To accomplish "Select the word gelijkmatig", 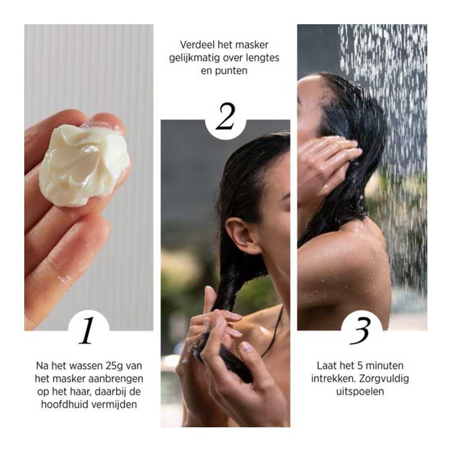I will point(195,58).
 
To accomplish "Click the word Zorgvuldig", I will point(386,378).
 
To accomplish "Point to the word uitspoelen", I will point(361,391).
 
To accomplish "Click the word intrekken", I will point(332,378).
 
